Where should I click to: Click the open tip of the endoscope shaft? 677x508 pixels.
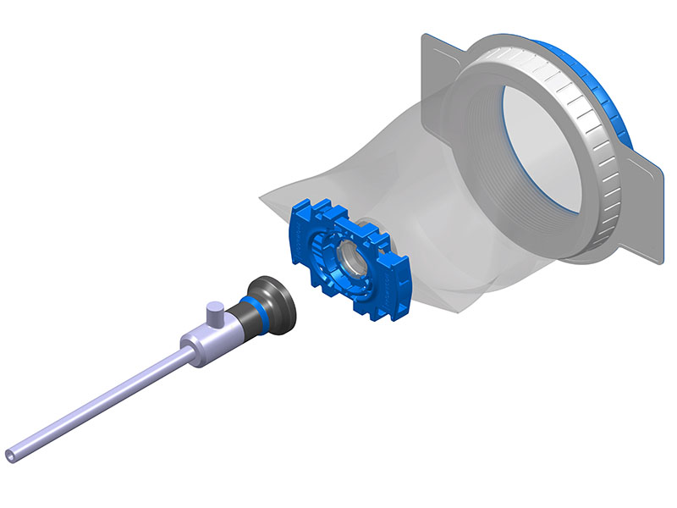pyautogui.click(x=13, y=455)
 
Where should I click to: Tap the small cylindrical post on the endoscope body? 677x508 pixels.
pyautogui.click(x=215, y=317)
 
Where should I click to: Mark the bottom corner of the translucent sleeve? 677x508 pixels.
pyautogui.click(x=461, y=309)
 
